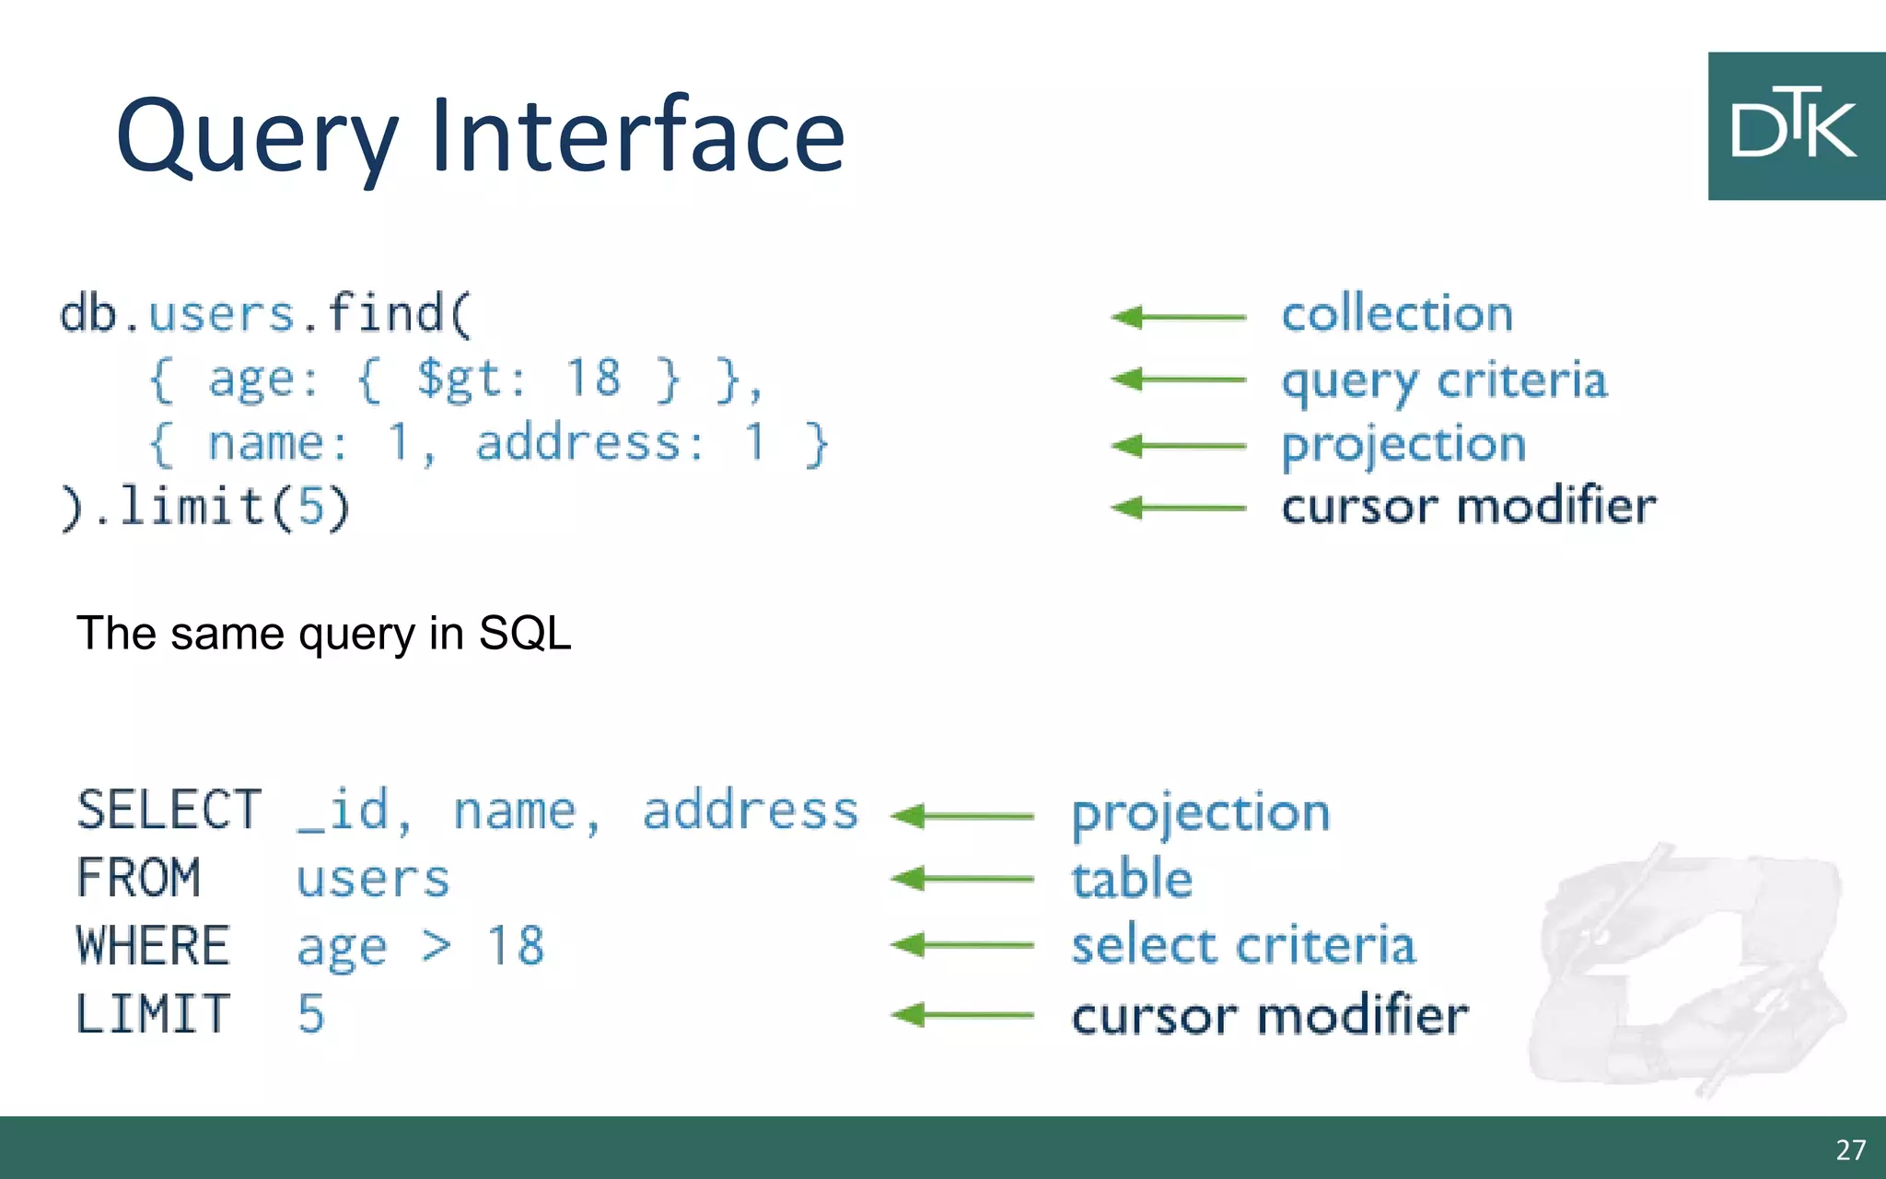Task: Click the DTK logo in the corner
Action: (1795, 126)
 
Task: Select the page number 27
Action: (1850, 1150)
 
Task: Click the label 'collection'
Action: (1397, 314)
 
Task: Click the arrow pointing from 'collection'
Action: (1179, 317)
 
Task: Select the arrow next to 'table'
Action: (962, 879)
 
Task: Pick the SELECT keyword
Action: (169, 811)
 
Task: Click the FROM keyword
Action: (138, 878)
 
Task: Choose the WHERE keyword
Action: (153, 946)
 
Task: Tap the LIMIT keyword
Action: (153, 1014)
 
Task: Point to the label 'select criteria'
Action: (1243, 946)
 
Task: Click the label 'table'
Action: (1132, 879)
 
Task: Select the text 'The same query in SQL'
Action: (323, 634)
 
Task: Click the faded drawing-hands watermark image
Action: (1690, 967)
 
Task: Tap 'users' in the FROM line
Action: (373, 879)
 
